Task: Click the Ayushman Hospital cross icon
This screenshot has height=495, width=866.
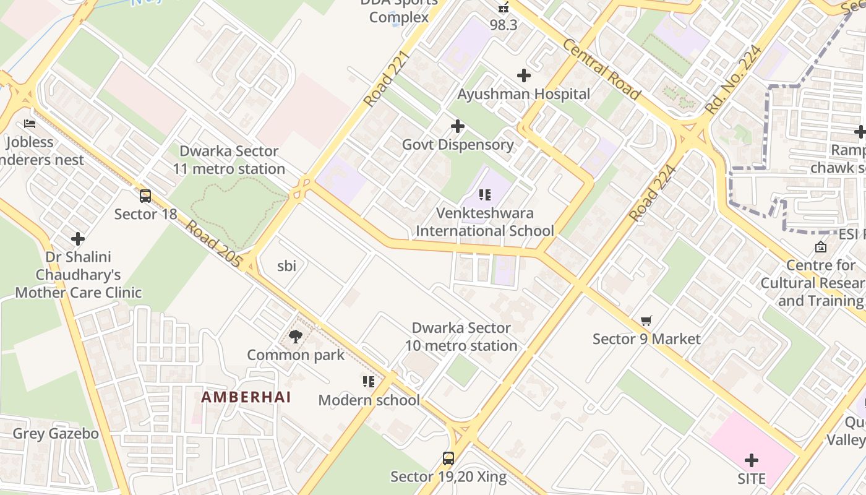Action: pyautogui.click(x=524, y=76)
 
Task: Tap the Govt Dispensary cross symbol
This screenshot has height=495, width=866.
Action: pyautogui.click(x=458, y=127)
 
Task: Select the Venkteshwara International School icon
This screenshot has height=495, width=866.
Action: pyautogui.click(x=485, y=196)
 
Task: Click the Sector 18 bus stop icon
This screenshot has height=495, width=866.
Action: pyautogui.click(x=145, y=196)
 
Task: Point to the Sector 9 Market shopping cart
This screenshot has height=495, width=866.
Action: pyautogui.click(x=646, y=321)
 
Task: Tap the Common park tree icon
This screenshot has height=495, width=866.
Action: pyautogui.click(x=296, y=337)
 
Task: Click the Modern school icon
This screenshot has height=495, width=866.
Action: pyautogui.click(x=369, y=382)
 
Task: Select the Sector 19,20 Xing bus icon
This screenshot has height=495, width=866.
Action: pyautogui.click(x=448, y=458)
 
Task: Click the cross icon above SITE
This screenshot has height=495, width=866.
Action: pyautogui.click(x=752, y=460)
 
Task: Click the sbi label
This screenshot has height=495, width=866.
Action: pyautogui.click(x=286, y=266)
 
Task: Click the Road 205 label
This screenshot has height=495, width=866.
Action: pyautogui.click(x=213, y=244)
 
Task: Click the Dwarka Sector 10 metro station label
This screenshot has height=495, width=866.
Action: pyautogui.click(x=461, y=337)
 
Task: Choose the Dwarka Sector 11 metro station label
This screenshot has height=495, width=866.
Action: pyautogui.click(x=229, y=160)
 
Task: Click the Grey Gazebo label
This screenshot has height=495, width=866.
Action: pyautogui.click(x=56, y=434)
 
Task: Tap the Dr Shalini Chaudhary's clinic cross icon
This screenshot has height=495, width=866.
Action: pyautogui.click(x=78, y=239)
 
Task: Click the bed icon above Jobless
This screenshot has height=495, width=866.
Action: pyautogui.click(x=29, y=124)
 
